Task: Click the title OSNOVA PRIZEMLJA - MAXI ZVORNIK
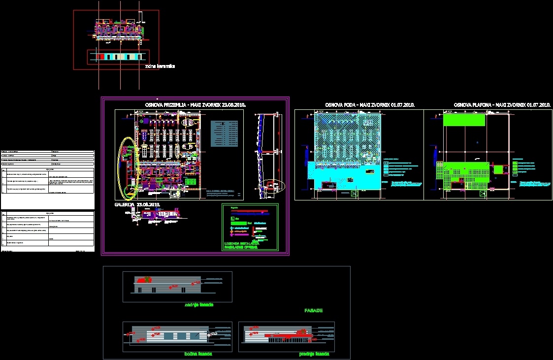tap(195, 105)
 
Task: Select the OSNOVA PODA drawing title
tap(370, 105)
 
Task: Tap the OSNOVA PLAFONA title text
tap(501, 105)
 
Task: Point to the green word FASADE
tap(313, 311)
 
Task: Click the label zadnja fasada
tap(198, 305)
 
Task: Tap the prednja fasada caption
tap(314, 354)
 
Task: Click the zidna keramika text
tap(160, 66)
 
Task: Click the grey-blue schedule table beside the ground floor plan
tap(224, 133)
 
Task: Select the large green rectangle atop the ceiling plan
tap(464, 119)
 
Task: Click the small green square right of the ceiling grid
tap(499, 169)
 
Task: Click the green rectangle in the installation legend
tap(239, 224)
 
